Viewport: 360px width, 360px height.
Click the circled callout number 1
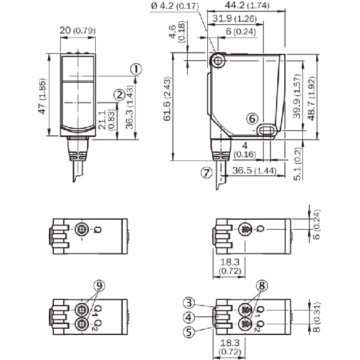(136, 69)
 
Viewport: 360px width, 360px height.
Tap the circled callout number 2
(120, 95)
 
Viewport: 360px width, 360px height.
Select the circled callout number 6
(252, 119)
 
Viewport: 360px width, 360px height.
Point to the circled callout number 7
(207, 172)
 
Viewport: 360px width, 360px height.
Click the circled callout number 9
(99, 285)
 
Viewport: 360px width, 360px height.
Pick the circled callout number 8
(262, 286)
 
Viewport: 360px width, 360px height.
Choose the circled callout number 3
(189, 303)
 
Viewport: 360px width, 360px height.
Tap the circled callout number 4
(188, 317)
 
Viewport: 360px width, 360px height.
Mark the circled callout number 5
(189, 332)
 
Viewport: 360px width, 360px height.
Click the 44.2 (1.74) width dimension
(247, 5)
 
